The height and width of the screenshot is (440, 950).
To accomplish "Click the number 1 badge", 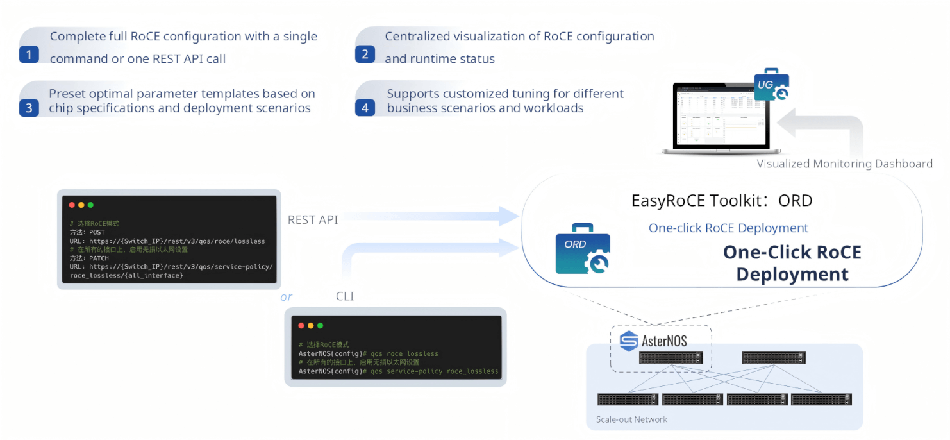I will (29, 54).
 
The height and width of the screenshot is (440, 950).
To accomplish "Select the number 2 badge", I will (365, 54).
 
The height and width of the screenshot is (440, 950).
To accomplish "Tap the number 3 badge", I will (29, 108).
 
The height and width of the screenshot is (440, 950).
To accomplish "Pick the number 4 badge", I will (365, 108).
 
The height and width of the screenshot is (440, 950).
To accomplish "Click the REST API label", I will (313, 220).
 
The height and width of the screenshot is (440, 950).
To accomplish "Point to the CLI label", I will (345, 296).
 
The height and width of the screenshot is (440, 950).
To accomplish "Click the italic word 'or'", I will (286, 297).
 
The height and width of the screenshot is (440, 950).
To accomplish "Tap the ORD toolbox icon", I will (582, 249).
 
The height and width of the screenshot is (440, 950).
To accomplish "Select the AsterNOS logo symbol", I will (629, 341).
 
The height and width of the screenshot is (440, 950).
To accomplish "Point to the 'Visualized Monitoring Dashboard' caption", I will (844, 164).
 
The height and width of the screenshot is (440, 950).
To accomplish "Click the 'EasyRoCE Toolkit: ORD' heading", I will (722, 201).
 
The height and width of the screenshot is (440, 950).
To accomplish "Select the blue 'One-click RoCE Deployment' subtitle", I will (728, 228).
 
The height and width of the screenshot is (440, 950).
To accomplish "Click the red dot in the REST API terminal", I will (72, 205).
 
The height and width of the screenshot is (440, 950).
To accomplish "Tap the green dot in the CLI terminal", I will (321, 326).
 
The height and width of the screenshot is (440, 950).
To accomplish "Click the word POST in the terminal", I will (97, 232).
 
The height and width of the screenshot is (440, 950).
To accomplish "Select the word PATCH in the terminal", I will (99, 258).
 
